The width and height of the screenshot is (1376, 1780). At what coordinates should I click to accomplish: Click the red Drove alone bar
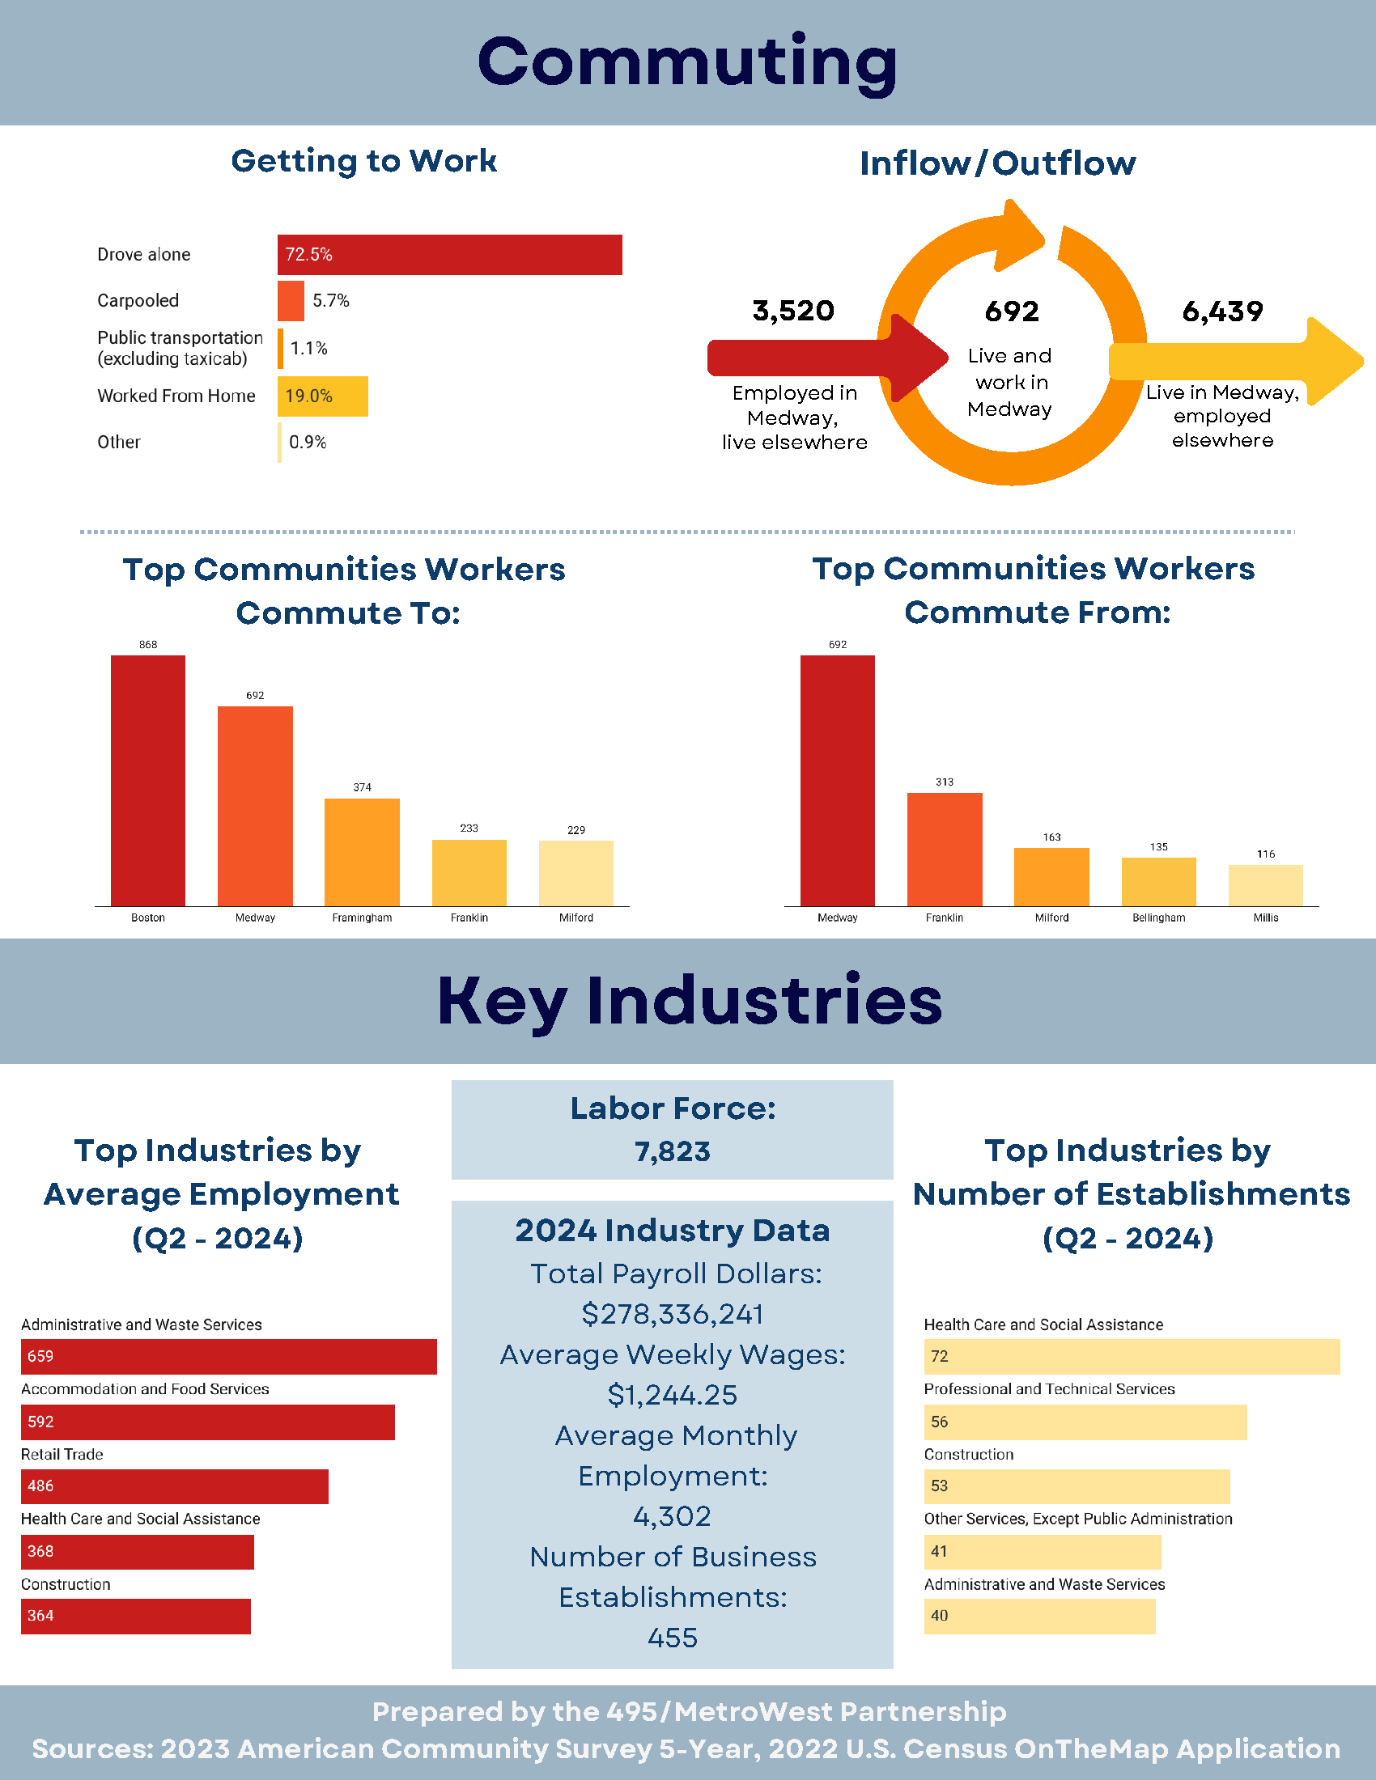(x=449, y=255)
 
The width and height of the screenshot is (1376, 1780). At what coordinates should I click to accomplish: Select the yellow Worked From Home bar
(x=323, y=396)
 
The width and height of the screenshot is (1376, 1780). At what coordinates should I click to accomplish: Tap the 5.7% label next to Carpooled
(x=331, y=301)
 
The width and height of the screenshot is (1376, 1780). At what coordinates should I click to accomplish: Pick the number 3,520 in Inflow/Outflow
(x=793, y=311)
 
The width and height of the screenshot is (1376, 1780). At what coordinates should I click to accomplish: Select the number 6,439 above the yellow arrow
(x=1222, y=311)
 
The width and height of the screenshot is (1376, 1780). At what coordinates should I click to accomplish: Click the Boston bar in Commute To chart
(x=147, y=780)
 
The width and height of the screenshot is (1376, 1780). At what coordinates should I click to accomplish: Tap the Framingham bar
(x=362, y=852)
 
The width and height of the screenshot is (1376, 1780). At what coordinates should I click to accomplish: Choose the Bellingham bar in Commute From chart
(x=1158, y=881)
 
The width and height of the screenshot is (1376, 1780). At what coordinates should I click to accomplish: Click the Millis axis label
(x=1265, y=918)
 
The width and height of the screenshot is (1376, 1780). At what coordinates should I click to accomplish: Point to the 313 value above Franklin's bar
(x=944, y=782)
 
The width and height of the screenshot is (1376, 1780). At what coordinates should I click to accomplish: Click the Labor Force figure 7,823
(x=673, y=1151)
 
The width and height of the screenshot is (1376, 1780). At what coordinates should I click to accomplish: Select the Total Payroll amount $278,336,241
(x=673, y=1314)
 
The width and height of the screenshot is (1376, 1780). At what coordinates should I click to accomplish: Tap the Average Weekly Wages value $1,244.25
(x=673, y=1395)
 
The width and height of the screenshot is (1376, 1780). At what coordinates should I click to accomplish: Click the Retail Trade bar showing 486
(x=175, y=1485)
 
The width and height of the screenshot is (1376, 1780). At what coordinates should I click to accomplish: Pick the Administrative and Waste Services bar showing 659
(x=228, y=1356)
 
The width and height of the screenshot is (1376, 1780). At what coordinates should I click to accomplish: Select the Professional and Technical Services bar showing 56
(x=1085, y=1422)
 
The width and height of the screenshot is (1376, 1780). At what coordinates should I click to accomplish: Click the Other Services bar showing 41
(x=1042, y=1551)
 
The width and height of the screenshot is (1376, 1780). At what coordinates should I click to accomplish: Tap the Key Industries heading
(x=689, y=1000)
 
